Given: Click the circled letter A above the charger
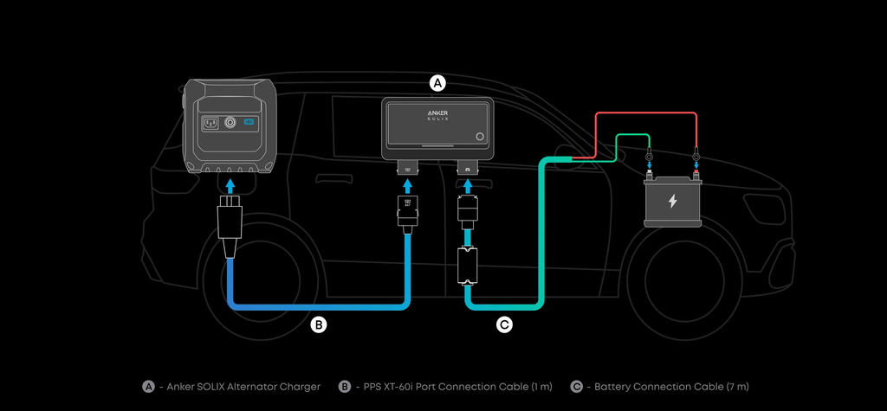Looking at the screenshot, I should pyautogui.click(x=437, y=83).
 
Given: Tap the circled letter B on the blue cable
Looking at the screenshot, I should pyautogui.click(x=320, y=325).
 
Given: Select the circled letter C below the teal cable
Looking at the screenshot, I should pyautogui.click(x=504, y=325).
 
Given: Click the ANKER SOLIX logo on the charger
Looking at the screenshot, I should pyautogui.click(x=437, y=116).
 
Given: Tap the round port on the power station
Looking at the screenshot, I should pyautogui.click(x=230, y=123).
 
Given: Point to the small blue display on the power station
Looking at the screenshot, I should pyautogui.click(x=249, y=123).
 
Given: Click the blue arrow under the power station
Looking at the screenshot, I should pyautogui.click(x=230, y=185).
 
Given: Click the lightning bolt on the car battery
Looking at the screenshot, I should pyautogui.click(x=672, y=201).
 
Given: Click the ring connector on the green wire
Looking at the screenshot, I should pyautogui.click(x=650, y=157).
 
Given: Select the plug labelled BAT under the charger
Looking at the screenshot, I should pyautogui.click(x=406, y=210).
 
